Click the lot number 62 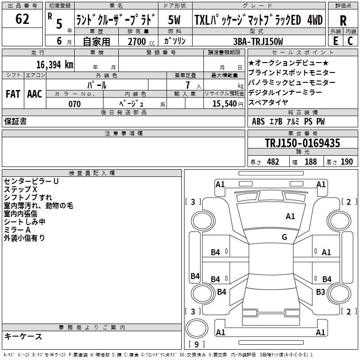[x=22, y=19]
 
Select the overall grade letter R [x=343, y=21]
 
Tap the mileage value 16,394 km [x=55, y=64]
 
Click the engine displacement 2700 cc [x=141, y=41]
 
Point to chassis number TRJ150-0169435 [x=302, y=143]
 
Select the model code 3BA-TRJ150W [x=258, y=41]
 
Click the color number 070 [x=75, y=104]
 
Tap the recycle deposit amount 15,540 [x=225, y=103]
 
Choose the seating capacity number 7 [x=188, y=85]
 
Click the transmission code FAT [x=13, y=94]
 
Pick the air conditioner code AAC [x=35, y=94]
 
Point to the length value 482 [x=273, y=162]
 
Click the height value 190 [x=346, y=162]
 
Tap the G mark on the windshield [x=284, y=237]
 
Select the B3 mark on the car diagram [x=320, y=292]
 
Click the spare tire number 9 [x=197, y=344]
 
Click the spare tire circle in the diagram [x=197, y=328]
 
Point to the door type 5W [x=174, y=20]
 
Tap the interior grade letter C [x=350, y=41]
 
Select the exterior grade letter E [x=335, y=41]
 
